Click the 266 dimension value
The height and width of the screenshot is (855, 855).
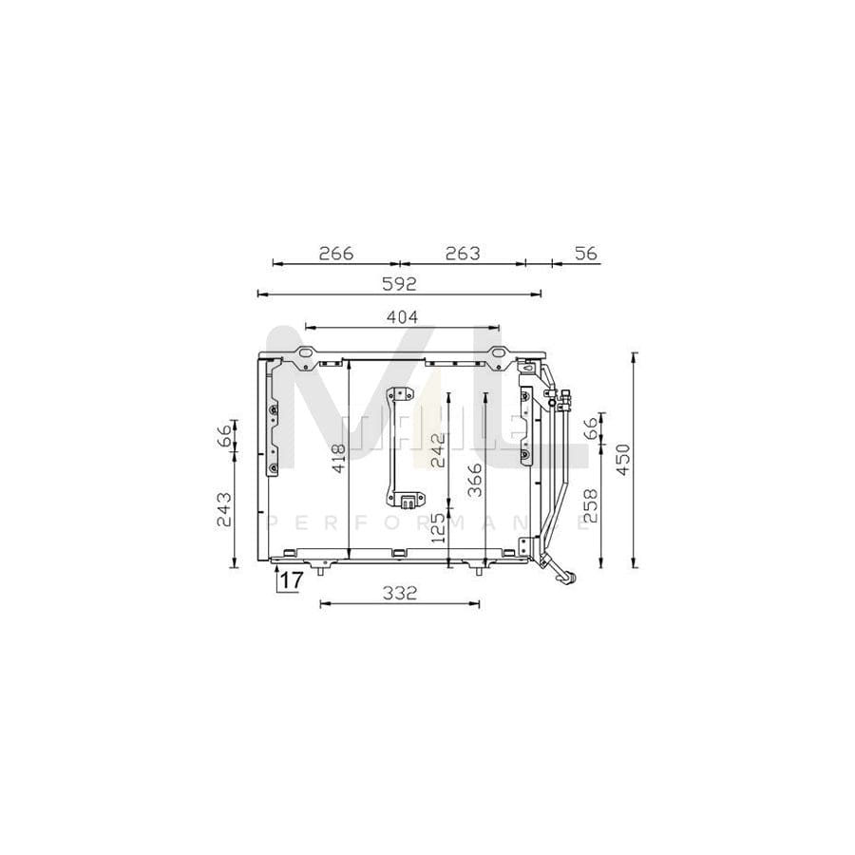335,254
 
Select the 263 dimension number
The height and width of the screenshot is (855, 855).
463,254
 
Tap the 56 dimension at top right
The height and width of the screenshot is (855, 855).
585,254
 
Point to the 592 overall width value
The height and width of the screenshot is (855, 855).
399,283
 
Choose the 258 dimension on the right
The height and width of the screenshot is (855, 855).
590,506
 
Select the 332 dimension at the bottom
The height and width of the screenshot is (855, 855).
400,594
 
